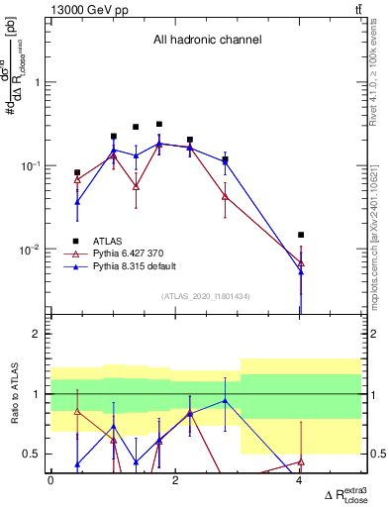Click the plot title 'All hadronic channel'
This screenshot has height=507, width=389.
click(207, 41)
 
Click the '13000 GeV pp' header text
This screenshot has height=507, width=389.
click(86, 8)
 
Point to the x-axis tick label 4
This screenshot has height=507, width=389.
click(300, 480)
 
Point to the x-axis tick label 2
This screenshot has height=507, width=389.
click(175, 480)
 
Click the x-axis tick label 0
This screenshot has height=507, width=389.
click(50, 480)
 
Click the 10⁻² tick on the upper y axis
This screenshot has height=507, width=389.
click(34, 250)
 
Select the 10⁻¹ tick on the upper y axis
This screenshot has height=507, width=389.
click(34, 166)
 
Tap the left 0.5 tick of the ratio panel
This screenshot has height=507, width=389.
click(37, 454)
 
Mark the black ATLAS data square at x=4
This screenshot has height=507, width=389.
click(301, 235)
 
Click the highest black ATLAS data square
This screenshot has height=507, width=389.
click(158, 125)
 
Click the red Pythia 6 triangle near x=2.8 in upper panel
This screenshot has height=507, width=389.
click(226, 196)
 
